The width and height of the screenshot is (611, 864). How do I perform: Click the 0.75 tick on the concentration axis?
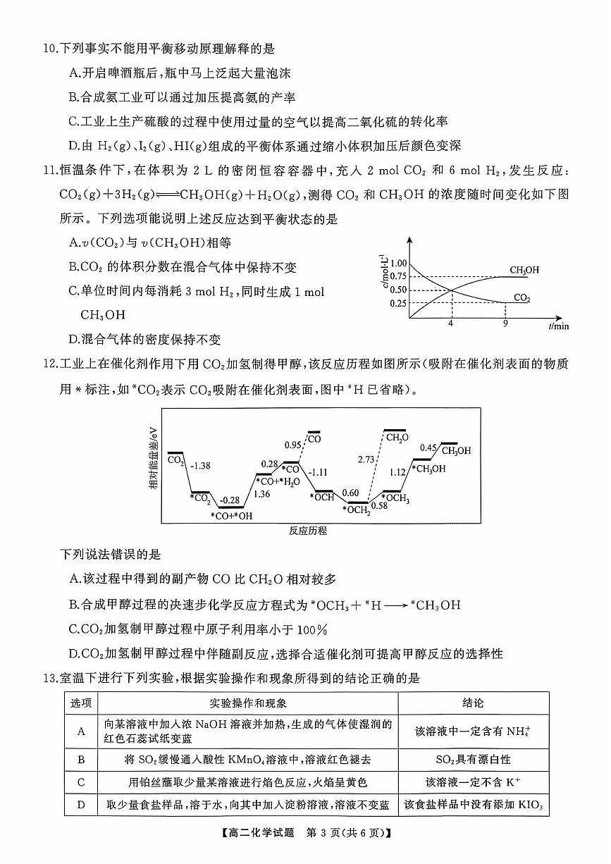pyautogui.click(x=398, y=276)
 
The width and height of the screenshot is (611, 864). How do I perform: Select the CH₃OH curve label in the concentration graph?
pyautogui.click(x=524, y=270)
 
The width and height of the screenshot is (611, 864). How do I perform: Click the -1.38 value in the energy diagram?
pyautogui.click(x=201, y=466)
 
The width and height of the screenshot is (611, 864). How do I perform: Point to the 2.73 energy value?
pyautogui.click(x=366, y=459)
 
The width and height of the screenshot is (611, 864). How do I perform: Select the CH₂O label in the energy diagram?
pyautogui.click(x=396, y=438)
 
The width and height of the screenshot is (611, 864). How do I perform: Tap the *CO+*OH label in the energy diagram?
pyautogui.click(x=231, y=516)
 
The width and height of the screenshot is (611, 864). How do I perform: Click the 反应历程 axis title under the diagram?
pyautogui.click(x=308, y=531)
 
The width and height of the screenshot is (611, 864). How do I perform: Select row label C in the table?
pyautogui.click(x=81, y=782)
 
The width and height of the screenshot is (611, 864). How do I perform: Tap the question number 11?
pyautogui.click(x=49, y=173)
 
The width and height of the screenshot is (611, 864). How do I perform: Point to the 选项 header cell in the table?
pyautogui.click(x=81, y=703)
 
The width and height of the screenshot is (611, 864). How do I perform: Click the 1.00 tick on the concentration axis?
pyautogui.click(x=398, y=262)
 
